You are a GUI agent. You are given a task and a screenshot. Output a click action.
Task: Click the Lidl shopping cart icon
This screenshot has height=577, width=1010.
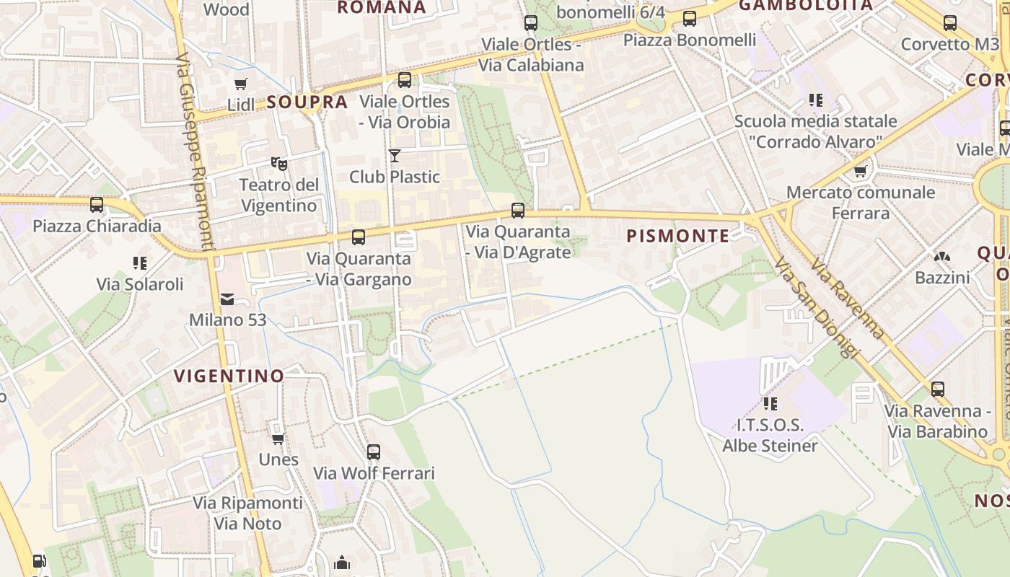pyautogui.click(x=241, y=84)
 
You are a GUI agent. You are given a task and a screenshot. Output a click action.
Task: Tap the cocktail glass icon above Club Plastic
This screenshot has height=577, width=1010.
pyautogui.click(x=395, y=155)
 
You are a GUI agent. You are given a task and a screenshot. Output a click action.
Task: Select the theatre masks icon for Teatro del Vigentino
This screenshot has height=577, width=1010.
pyautogui.click(x=279, y=164)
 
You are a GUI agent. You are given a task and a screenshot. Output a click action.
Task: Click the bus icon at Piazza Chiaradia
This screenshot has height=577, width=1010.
pyautogui.click(x=97, y=205)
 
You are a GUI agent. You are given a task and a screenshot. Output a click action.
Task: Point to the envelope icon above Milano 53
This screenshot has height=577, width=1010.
pyautogui.click(x=227, y=299)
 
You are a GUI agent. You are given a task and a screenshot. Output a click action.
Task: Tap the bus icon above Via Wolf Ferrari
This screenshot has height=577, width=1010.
pyautogui.click(x=374, y=452)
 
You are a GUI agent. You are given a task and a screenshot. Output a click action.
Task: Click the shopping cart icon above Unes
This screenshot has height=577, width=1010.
pyautogui.click(x=278, y=439)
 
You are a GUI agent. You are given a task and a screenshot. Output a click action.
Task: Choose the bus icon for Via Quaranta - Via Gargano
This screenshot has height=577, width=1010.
pyautogui.click(x=359, y=237)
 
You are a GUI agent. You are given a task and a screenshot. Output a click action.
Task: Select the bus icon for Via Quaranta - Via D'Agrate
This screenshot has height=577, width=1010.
pyautogui.click(x=518, y=211)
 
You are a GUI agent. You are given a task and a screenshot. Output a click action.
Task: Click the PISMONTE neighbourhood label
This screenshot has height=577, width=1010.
pyautogui.click(x=678, y=236)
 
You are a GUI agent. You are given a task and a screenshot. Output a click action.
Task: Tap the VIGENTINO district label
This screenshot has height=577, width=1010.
pyautogui.click(x=229, y=376)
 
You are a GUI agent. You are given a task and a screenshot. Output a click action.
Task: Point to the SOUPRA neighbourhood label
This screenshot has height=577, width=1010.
pyautogui.click(x=307, y=102)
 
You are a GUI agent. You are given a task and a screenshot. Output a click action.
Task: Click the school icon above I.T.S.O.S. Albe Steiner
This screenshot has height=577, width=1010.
pyautogui.click(x=770, y=403)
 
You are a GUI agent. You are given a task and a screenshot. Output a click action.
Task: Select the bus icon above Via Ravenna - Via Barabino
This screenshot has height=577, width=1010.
pyautogui.click(x=938, y=389)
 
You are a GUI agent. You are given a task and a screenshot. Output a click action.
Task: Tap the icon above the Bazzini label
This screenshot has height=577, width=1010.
pyautogui.click(x=942, y=257)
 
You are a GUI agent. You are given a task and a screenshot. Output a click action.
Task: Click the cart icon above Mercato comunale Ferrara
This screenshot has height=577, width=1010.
pyautogui.click(x=861, y=172)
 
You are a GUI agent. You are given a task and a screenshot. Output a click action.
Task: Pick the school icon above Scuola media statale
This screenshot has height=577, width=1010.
pyautogui.click(x=816, y=100)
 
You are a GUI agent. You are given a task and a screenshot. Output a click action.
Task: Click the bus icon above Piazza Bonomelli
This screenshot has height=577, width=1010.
pyautogui.click(x=690, y=19)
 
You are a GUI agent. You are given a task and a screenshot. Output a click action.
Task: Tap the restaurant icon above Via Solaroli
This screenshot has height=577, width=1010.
pyautogui.click(x=140, y=263)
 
